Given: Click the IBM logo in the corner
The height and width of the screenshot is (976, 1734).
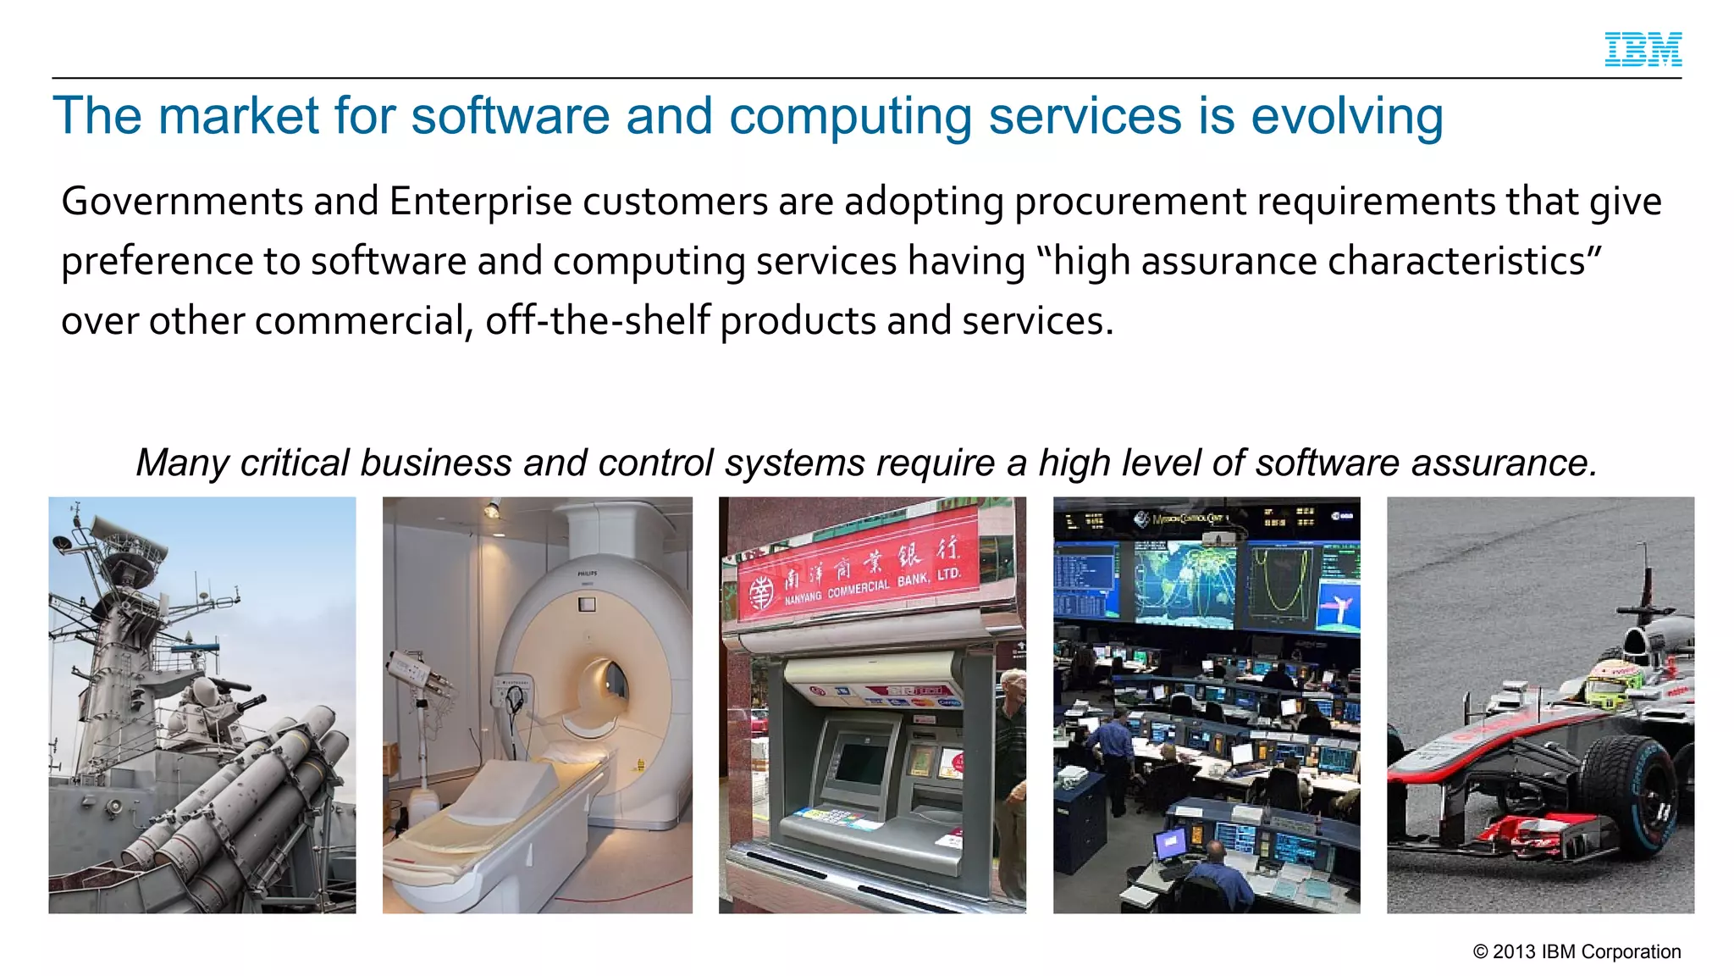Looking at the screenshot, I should coord(1643,49).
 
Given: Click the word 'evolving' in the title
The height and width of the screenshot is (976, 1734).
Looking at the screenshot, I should coord(1346,116).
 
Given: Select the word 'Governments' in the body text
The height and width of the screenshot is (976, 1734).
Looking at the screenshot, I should coord(182,202).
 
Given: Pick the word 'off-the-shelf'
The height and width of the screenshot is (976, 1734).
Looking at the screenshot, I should coord(597,321).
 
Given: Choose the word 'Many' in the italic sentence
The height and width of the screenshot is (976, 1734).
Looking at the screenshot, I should coord(183,463).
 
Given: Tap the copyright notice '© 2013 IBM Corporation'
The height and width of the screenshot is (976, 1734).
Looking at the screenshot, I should coord(1577,951).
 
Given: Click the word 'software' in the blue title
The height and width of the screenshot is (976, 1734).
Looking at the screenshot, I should coord(510,116).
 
